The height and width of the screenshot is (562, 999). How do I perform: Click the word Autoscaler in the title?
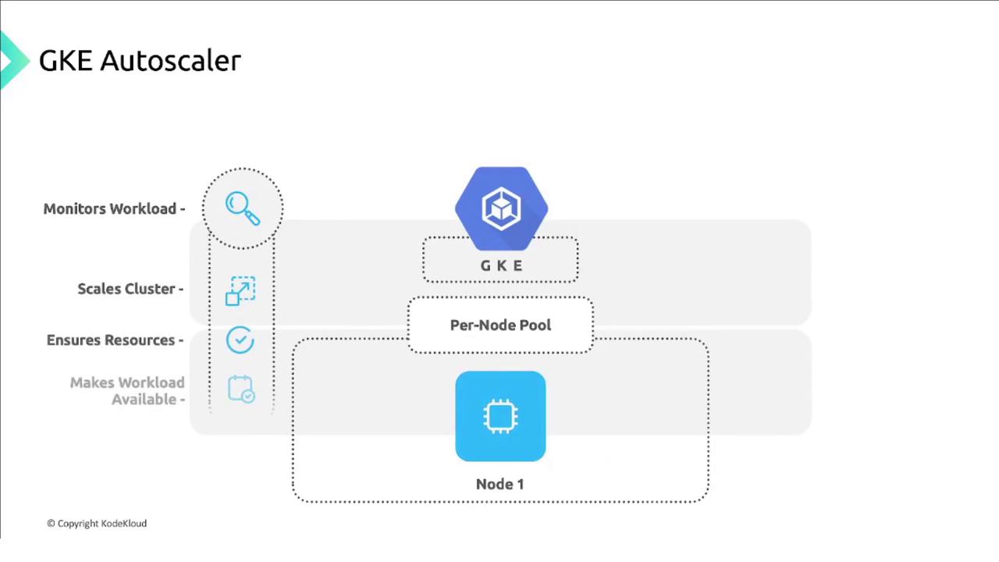click(x=171, y=61)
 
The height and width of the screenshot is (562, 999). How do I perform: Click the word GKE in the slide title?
click(x=66, y=61)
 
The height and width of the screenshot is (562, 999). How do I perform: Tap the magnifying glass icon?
click(x=242, y=208)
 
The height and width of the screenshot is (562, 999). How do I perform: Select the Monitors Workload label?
click(x=113, y=209)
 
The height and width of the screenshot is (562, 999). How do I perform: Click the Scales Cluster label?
click(x=130, y=289)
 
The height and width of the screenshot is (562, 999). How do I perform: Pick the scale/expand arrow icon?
click(x=240, y=290)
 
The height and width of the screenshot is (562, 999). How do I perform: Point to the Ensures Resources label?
click(x=115, y=340)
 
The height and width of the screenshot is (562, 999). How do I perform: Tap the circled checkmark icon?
click(x=240, y=340)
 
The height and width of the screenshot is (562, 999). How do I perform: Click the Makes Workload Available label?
click(x=127, y=391)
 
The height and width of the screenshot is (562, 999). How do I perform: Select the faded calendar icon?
click(x=241, y=389)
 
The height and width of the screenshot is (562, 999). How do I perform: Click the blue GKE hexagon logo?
click(x=501, y=207)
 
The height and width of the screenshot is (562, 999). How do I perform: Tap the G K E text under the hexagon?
click(x=501, y=266)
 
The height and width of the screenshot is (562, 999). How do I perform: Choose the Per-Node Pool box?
click(x=500, y=325)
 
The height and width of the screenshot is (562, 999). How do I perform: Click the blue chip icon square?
click(x=500, y=416)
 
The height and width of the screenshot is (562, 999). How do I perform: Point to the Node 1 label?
click(x=499, y=484)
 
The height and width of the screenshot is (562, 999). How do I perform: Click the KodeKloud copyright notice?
click(x=97, y=524)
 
